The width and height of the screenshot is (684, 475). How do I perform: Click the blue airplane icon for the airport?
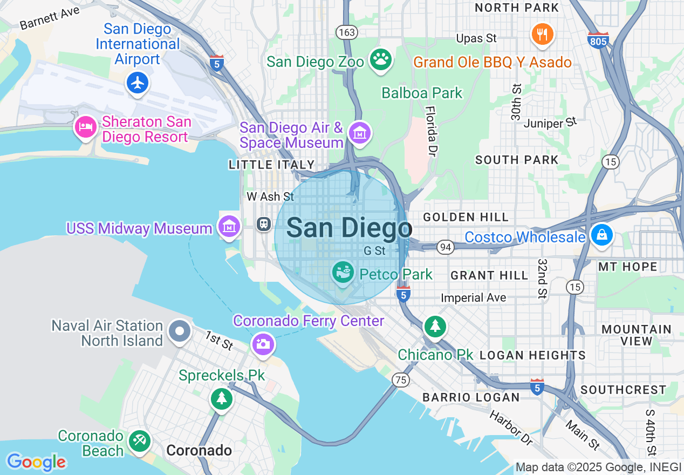[139, 83]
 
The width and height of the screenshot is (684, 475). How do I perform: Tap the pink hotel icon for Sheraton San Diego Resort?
[85, 127]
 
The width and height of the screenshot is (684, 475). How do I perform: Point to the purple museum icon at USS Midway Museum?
[229, 227]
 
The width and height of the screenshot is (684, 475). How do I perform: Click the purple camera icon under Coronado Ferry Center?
[263, 343]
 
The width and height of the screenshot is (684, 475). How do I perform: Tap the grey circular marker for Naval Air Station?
[179, 331]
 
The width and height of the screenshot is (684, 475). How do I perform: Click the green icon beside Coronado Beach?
[140, 441]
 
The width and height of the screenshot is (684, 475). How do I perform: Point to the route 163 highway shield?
[347, 32]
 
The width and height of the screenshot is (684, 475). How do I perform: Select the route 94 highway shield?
[445, 247]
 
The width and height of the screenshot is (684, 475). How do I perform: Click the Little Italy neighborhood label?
[271, 165]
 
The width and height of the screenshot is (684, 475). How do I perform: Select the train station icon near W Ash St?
[264, 223]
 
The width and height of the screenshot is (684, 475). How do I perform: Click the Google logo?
[37, 462]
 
